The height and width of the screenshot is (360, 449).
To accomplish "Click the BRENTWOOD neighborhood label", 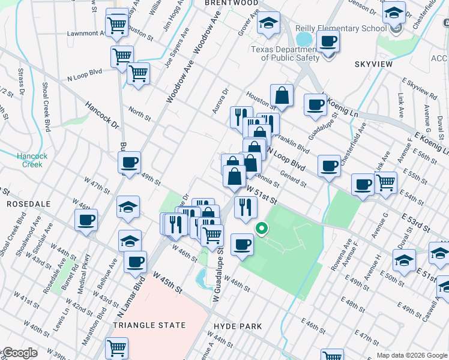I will point(231,3).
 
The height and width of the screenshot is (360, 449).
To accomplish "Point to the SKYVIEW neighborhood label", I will point(373,64).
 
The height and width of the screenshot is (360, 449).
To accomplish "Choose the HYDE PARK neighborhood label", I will point(238,326).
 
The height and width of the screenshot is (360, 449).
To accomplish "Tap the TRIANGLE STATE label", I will point(149,325).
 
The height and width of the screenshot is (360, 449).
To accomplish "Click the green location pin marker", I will point(261,229).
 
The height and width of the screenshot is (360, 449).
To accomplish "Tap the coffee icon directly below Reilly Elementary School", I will point(328,42).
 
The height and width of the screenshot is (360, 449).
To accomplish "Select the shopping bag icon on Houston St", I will point(282,95).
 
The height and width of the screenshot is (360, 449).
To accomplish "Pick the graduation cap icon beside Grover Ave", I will point(268,23).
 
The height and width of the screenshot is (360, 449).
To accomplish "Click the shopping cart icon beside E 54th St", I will point(385,182).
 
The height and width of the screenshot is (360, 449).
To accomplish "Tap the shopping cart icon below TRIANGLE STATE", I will point(116,347).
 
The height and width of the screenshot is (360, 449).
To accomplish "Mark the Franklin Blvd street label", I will point(295,145).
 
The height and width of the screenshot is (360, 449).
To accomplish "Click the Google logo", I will point(19,353).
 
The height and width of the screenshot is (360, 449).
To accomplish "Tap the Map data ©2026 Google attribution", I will point(412,355).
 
